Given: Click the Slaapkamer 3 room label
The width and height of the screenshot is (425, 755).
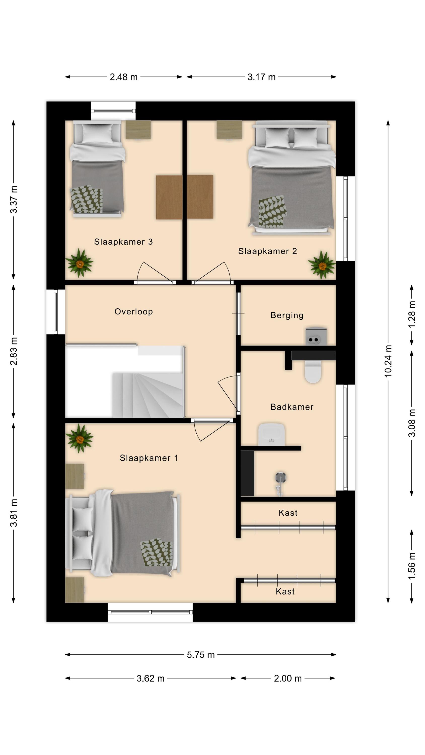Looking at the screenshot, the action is coord(123,242).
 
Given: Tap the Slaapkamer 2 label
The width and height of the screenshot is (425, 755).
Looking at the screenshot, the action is coord(267,251).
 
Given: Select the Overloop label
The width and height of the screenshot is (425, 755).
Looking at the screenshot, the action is coord(133,312).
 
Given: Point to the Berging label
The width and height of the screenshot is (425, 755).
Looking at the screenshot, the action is coord(287,315).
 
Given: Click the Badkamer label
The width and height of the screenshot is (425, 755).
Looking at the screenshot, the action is coord(292,407).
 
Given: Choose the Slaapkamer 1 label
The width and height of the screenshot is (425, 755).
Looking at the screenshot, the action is coord(149,458).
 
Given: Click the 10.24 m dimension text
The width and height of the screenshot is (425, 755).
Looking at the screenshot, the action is coord(388,361).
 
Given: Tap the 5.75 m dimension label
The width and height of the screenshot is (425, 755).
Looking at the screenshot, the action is coord(201,655).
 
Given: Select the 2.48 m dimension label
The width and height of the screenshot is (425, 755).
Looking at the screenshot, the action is coord(123,77).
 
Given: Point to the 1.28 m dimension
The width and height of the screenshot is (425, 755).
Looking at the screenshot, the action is coord(412,315).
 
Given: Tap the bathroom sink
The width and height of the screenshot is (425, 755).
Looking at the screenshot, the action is coord(271,434).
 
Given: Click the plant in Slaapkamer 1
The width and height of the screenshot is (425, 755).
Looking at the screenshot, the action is coord(79,438).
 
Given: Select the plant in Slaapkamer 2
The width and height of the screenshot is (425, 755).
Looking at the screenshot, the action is coord(322,265).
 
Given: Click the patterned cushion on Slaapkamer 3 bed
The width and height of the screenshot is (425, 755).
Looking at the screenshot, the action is coord(86,199).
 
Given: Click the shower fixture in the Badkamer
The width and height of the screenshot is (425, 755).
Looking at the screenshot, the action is coord(280,484).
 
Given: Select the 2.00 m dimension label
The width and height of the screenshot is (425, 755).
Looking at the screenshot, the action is coord(288,678).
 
